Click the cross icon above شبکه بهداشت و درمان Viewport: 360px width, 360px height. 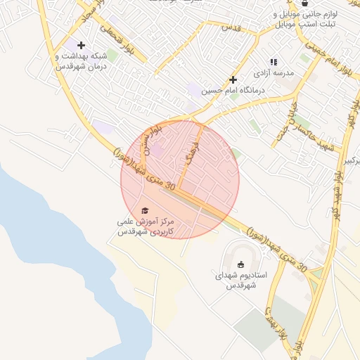[82, 45]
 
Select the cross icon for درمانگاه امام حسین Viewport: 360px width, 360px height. [233, 79]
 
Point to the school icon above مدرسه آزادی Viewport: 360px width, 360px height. [274, 62]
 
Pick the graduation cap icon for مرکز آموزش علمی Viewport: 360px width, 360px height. [146, 210]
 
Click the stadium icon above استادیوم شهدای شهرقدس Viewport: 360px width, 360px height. [241, 264]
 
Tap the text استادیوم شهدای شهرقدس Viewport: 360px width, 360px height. [240, 281]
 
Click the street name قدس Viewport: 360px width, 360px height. [231, 27]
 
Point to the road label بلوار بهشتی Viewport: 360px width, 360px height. [276, 323]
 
